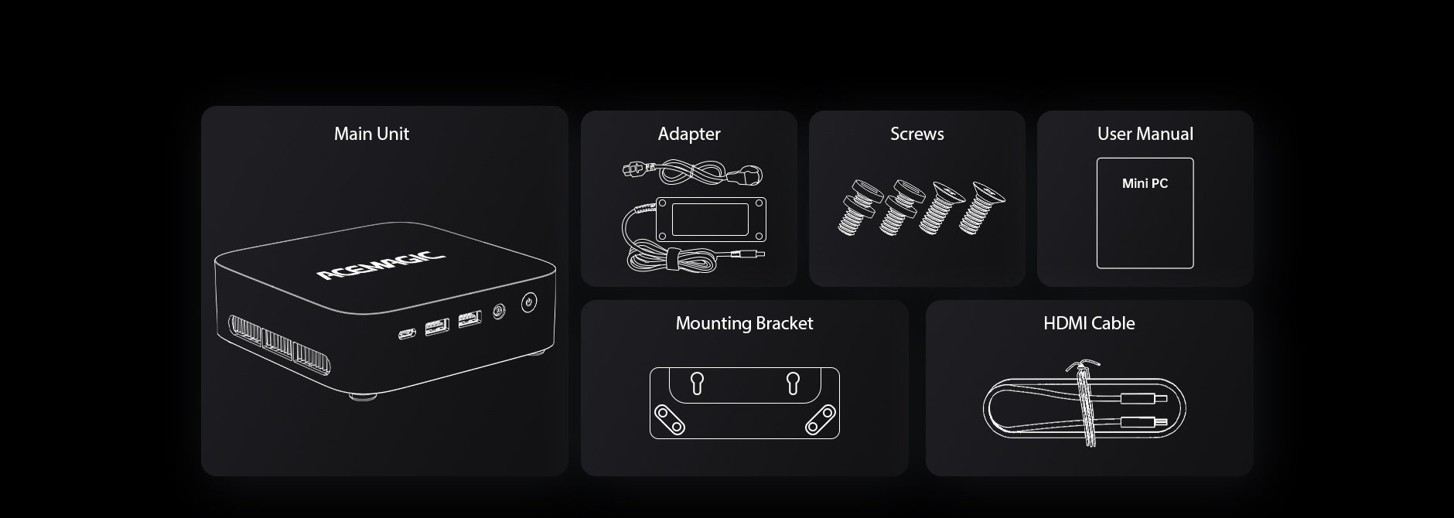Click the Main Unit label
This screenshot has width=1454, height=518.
[371, 134]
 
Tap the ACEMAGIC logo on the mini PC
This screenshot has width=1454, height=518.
[381, 264]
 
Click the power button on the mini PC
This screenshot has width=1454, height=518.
[528, 302]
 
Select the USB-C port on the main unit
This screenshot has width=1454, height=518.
[407, 334]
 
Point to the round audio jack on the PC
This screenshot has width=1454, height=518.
[498, 312]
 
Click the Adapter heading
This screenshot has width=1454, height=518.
[689, 134]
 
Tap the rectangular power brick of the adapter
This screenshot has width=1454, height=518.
[710, 220]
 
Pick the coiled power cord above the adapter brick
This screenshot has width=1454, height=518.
[693, 172]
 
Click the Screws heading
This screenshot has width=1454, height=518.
[917, 134]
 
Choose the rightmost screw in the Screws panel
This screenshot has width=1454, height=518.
[981, 206]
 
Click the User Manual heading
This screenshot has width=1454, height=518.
[1145, 134]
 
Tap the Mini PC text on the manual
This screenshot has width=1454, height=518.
[1145, 183]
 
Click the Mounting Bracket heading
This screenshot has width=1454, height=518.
[744, 323]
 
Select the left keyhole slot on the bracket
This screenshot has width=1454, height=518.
[696, 383]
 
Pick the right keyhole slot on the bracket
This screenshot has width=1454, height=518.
[793, 383]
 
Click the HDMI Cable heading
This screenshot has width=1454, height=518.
[1089, 323]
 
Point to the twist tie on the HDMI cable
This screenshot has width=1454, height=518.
[1085, 402]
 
